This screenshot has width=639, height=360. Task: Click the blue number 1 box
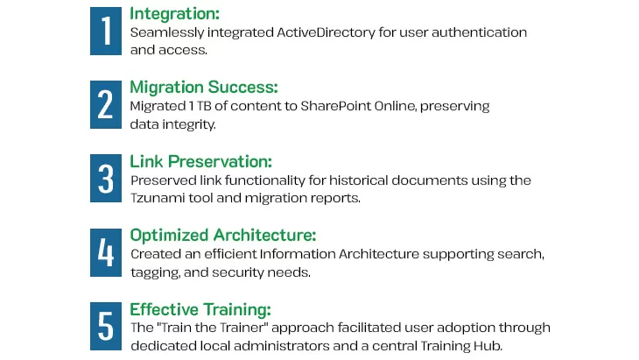tap(106, 31)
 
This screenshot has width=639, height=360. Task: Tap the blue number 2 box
tap(106, 105)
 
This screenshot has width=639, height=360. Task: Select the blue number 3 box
tap(106, 178)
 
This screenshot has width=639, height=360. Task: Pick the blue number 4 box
tap(106, 253)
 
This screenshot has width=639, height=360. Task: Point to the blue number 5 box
tap(106, 326)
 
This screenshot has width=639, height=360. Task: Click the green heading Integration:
tap(174, 14)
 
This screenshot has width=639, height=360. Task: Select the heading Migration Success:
tap(204, 88)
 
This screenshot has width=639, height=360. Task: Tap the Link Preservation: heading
tap(201, 161)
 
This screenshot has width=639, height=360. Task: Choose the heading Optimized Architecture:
tap(223, 236)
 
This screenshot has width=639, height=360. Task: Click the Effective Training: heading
tap(200, 309)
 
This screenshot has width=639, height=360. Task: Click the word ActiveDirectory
tap(326, 32)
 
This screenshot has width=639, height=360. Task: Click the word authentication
tap(480, 32)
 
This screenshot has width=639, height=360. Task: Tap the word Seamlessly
tap(167, 33)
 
